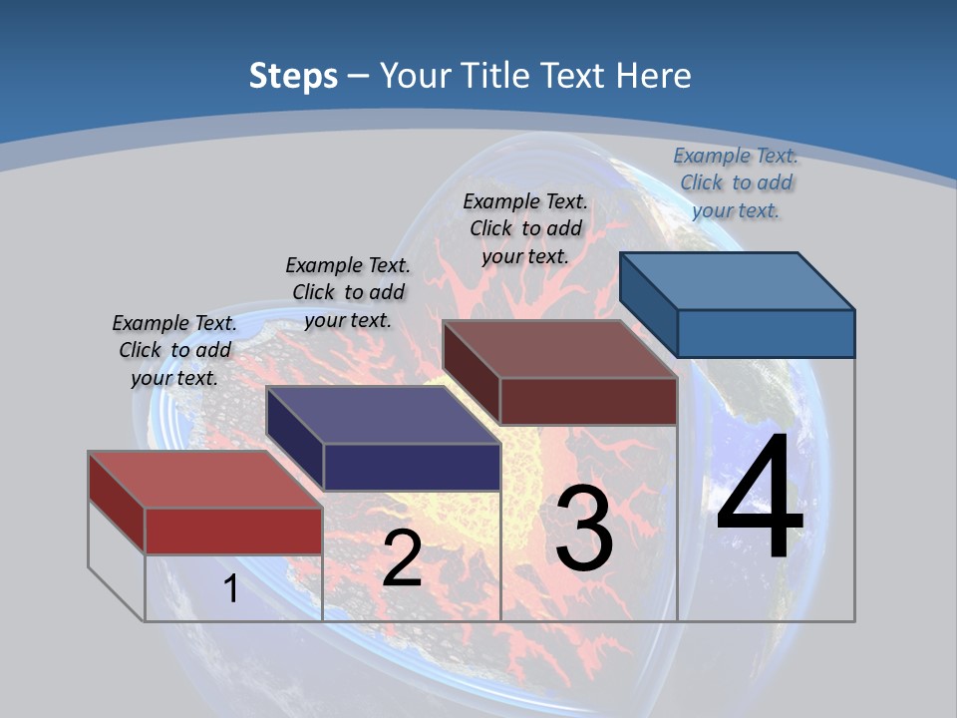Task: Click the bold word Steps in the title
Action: [293, 76]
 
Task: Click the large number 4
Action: [761, 499]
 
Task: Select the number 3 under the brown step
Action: [584, 529]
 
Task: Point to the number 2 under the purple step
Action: [402, 558]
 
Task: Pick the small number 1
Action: [230, 588]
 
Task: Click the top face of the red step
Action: [204, 479]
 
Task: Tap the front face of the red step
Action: [233, 531]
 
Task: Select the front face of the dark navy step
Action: [412, 467]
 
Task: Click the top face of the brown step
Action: [559, 349]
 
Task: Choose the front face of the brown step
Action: [588, 401]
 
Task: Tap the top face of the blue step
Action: [738, 280]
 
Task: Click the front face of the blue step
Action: [766, 333]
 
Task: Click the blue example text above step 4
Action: [736, 182]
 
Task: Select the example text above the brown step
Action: [525, 228]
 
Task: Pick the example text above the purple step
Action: [348, 292]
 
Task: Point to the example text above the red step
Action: [174, 350]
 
